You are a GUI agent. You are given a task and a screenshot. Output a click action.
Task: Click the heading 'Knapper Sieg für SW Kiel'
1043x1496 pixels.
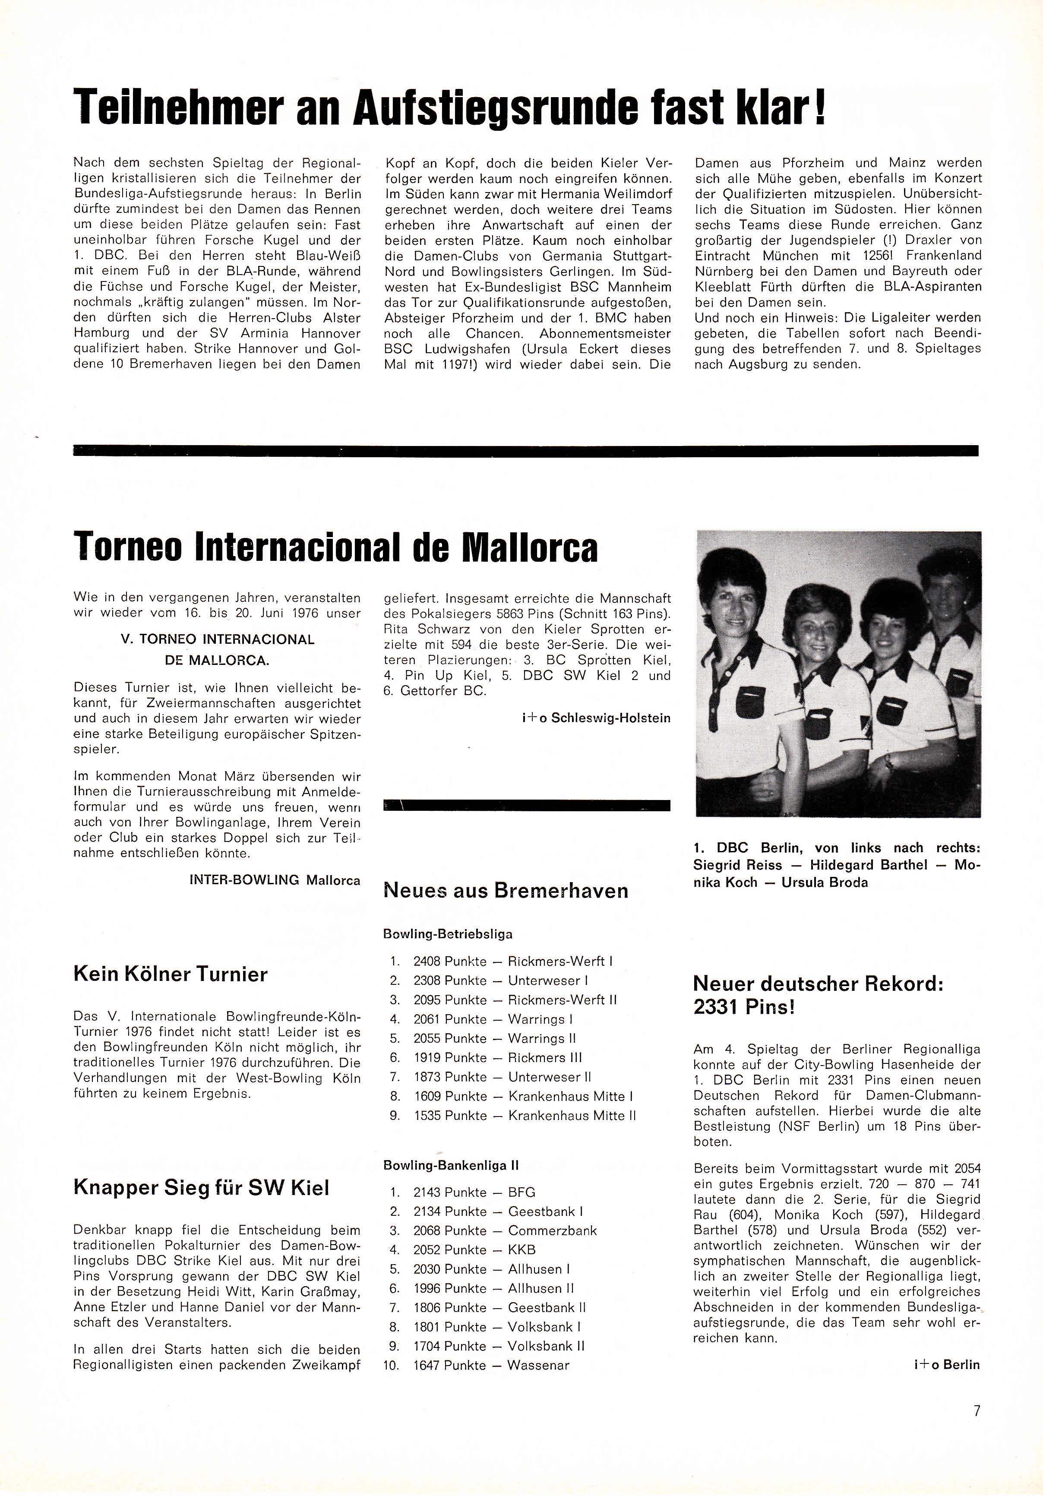201,1188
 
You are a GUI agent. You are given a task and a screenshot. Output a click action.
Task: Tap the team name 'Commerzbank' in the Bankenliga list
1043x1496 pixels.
553,1231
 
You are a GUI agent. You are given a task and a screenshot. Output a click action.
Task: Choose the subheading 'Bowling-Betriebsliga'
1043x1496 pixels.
448,934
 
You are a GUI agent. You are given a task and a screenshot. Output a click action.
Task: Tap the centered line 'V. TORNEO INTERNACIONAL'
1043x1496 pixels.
218,639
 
